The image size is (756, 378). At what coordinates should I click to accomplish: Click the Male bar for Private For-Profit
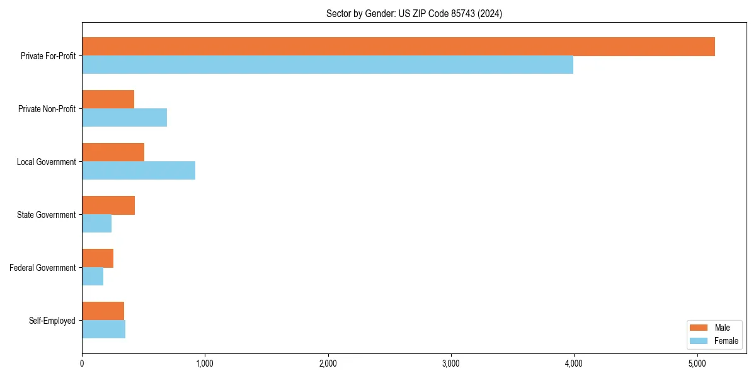tap(398, 47)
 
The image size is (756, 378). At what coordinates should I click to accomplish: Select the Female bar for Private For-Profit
tap(328, 65)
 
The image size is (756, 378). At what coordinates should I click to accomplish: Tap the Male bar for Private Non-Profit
tap(108, 100)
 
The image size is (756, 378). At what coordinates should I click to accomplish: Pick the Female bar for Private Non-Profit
tap(124, 118)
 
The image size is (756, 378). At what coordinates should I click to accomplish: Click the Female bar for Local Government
tap(139, 171)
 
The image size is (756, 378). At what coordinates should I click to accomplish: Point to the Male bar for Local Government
tap(113, 152)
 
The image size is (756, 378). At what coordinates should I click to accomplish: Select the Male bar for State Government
tap(108, 205)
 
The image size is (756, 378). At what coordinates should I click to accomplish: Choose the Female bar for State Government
tap(96, 224)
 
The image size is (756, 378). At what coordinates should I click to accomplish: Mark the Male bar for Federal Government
tap(98, 258)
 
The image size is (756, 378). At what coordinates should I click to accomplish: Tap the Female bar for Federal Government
tap(93, 277)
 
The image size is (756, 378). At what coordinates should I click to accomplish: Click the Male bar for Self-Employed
tap(103, 311)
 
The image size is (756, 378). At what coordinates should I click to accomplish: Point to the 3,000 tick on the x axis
tap(450, 364)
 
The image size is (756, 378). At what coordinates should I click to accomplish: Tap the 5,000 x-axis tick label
tap(697, 364)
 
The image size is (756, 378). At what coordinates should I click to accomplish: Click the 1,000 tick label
tap(205, 364)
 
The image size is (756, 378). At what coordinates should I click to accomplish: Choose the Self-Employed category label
tap(52, 321)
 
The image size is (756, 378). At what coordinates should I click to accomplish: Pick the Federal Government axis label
tap(43, 268)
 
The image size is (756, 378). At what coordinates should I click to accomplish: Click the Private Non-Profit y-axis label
tap(47, 109)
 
